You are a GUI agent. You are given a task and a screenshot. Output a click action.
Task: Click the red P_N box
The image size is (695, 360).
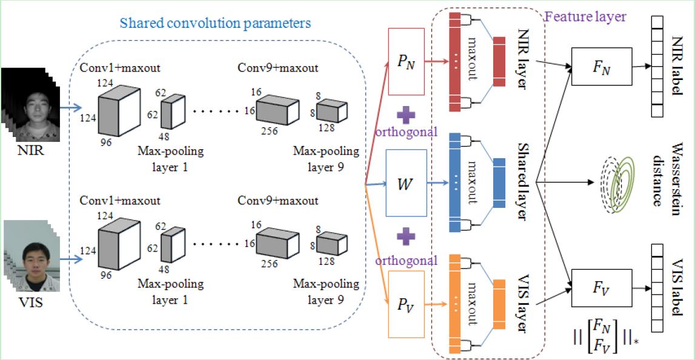pyautogui.click(x=406, y=62)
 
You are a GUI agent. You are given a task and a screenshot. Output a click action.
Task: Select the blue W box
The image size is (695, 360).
pyautogui.click(x=407, y=182)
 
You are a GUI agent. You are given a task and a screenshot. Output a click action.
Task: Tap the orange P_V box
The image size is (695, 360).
pyautogui.click(x=406, y=305)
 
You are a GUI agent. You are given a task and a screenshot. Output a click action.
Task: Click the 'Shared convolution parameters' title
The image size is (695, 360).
pyautogui.click(x=217, y=22)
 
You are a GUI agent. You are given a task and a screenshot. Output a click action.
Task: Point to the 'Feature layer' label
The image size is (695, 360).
pyautogui.click(x=585, y=17)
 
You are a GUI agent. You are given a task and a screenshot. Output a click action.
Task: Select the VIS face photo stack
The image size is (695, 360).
pyautogui.click(x=31, y=257)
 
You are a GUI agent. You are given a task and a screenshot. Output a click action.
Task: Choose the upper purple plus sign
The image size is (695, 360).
pyautogui.click(x=406, y=116)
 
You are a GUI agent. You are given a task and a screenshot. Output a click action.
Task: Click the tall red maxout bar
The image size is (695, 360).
pyautogui.click(x=455, y=62)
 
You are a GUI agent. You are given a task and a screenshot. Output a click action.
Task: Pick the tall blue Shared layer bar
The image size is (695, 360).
pyautogui.click(x=455, y=182)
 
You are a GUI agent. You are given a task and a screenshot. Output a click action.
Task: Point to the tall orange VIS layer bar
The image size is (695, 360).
pyautogui.click(x=455, y=304)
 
